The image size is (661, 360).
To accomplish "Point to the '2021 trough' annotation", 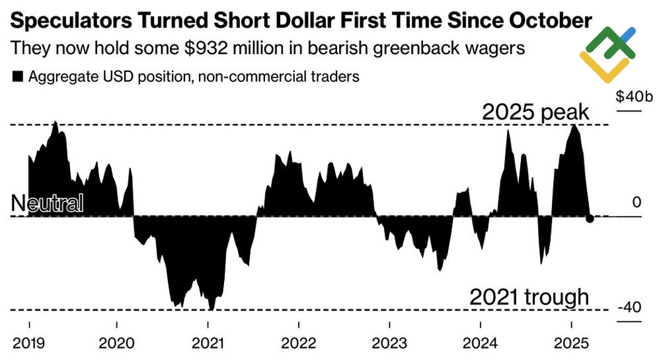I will (529, 297).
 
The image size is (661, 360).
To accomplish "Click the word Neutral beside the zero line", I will (48, 203).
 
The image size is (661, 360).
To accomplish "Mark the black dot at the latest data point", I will (590, 219).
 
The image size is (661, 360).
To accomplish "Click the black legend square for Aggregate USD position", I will (17, 77).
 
